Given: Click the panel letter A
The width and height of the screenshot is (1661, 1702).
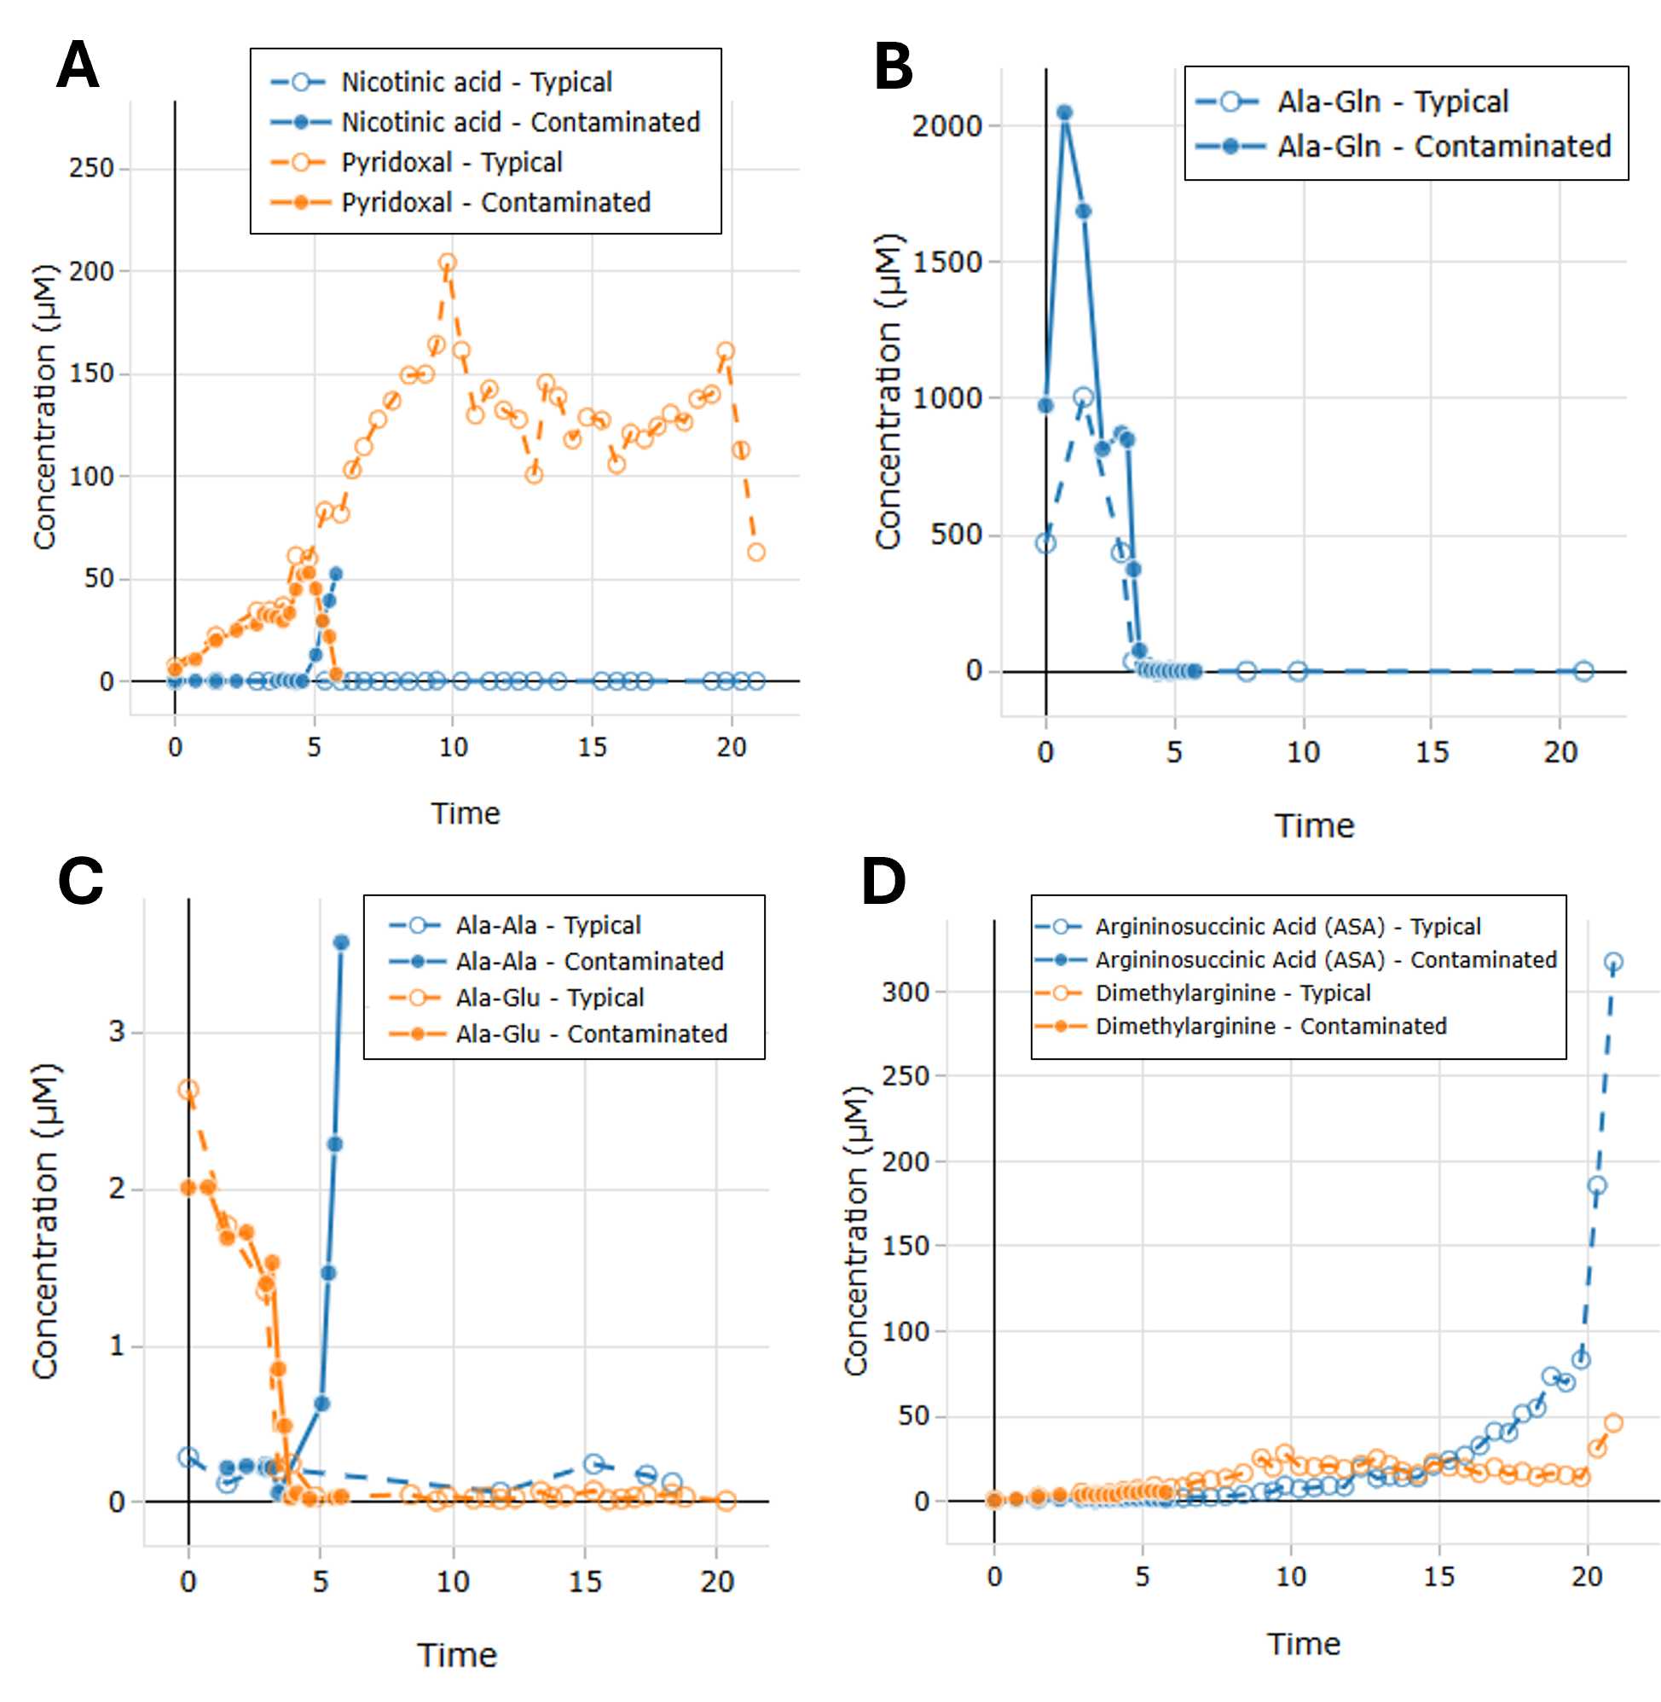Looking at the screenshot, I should coord(77,70).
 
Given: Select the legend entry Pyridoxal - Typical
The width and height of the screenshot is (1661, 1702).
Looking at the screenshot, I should coord(452,162).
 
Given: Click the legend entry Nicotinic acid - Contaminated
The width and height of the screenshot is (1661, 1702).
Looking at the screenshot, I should coord(520,122).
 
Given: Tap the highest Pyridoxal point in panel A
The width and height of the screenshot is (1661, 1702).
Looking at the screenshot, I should coord(448,263).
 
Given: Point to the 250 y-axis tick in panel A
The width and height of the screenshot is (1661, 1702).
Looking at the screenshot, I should coord(91,168).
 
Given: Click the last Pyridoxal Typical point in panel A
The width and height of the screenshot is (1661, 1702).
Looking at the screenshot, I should coord(756,553).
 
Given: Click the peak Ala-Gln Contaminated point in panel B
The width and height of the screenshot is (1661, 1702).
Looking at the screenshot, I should coord(1064,113).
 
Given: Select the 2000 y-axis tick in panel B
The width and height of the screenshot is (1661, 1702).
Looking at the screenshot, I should coord(946,125).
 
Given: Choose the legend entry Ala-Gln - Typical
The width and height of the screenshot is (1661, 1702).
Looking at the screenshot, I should coord(1392,102).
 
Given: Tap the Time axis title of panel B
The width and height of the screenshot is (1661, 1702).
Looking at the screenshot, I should coord(1314,825).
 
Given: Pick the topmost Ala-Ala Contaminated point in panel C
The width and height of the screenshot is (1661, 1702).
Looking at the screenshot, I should coord(341,942).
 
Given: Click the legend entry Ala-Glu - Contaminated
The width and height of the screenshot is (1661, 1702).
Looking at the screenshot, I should coord(591,1033).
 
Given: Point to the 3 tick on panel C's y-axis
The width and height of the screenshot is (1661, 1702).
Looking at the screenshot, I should coord(117,1032).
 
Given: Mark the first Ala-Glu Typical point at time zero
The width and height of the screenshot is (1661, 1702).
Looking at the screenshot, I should coord(188,1090).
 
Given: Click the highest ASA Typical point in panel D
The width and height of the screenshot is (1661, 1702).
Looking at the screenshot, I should coord(1613,962).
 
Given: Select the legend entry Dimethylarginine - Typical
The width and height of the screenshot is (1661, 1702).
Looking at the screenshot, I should coord(1233,993).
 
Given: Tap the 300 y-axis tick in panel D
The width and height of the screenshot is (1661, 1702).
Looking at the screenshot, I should coord(906,992).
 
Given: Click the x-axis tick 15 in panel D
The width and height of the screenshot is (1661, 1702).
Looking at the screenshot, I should coord(1439,1577).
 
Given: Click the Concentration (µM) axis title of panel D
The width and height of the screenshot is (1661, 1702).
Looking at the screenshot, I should coord(856,1230).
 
